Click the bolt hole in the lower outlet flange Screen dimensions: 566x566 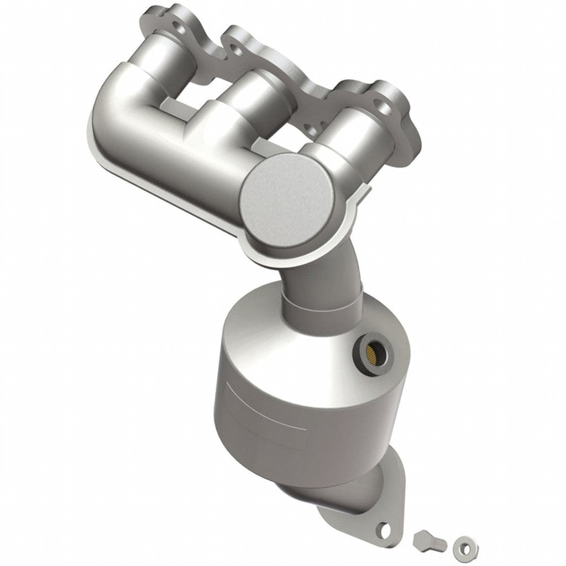tap(382, 530)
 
